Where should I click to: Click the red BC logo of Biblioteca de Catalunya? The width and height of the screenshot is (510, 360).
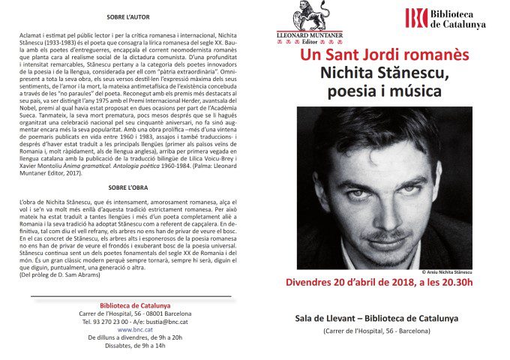416,18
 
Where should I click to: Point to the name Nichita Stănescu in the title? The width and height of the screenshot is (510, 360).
385,74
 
